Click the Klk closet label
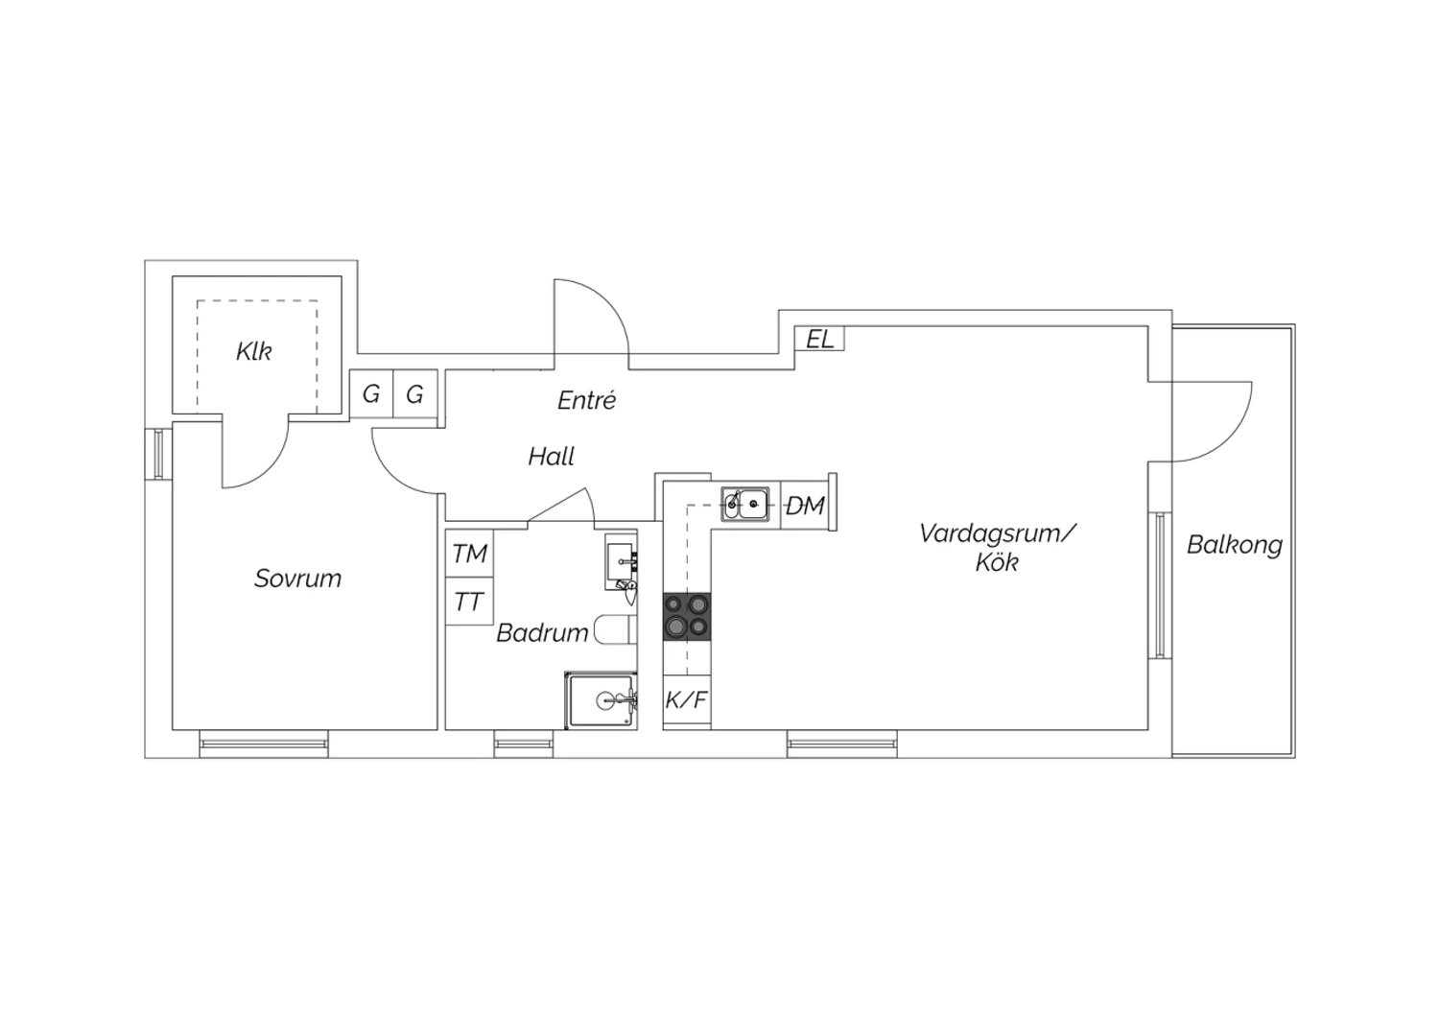254,351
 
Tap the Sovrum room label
297,579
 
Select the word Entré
586,400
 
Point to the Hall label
552,456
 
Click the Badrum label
542,633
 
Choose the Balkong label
1234,545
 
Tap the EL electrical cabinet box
819,339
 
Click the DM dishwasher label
805,506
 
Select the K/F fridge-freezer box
687,701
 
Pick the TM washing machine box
470,554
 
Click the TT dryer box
470,602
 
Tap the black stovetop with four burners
687,617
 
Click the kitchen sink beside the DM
745,504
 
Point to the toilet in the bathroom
616,629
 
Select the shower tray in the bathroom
602,700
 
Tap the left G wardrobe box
371,393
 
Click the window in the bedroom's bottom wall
264,744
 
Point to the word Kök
997,562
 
